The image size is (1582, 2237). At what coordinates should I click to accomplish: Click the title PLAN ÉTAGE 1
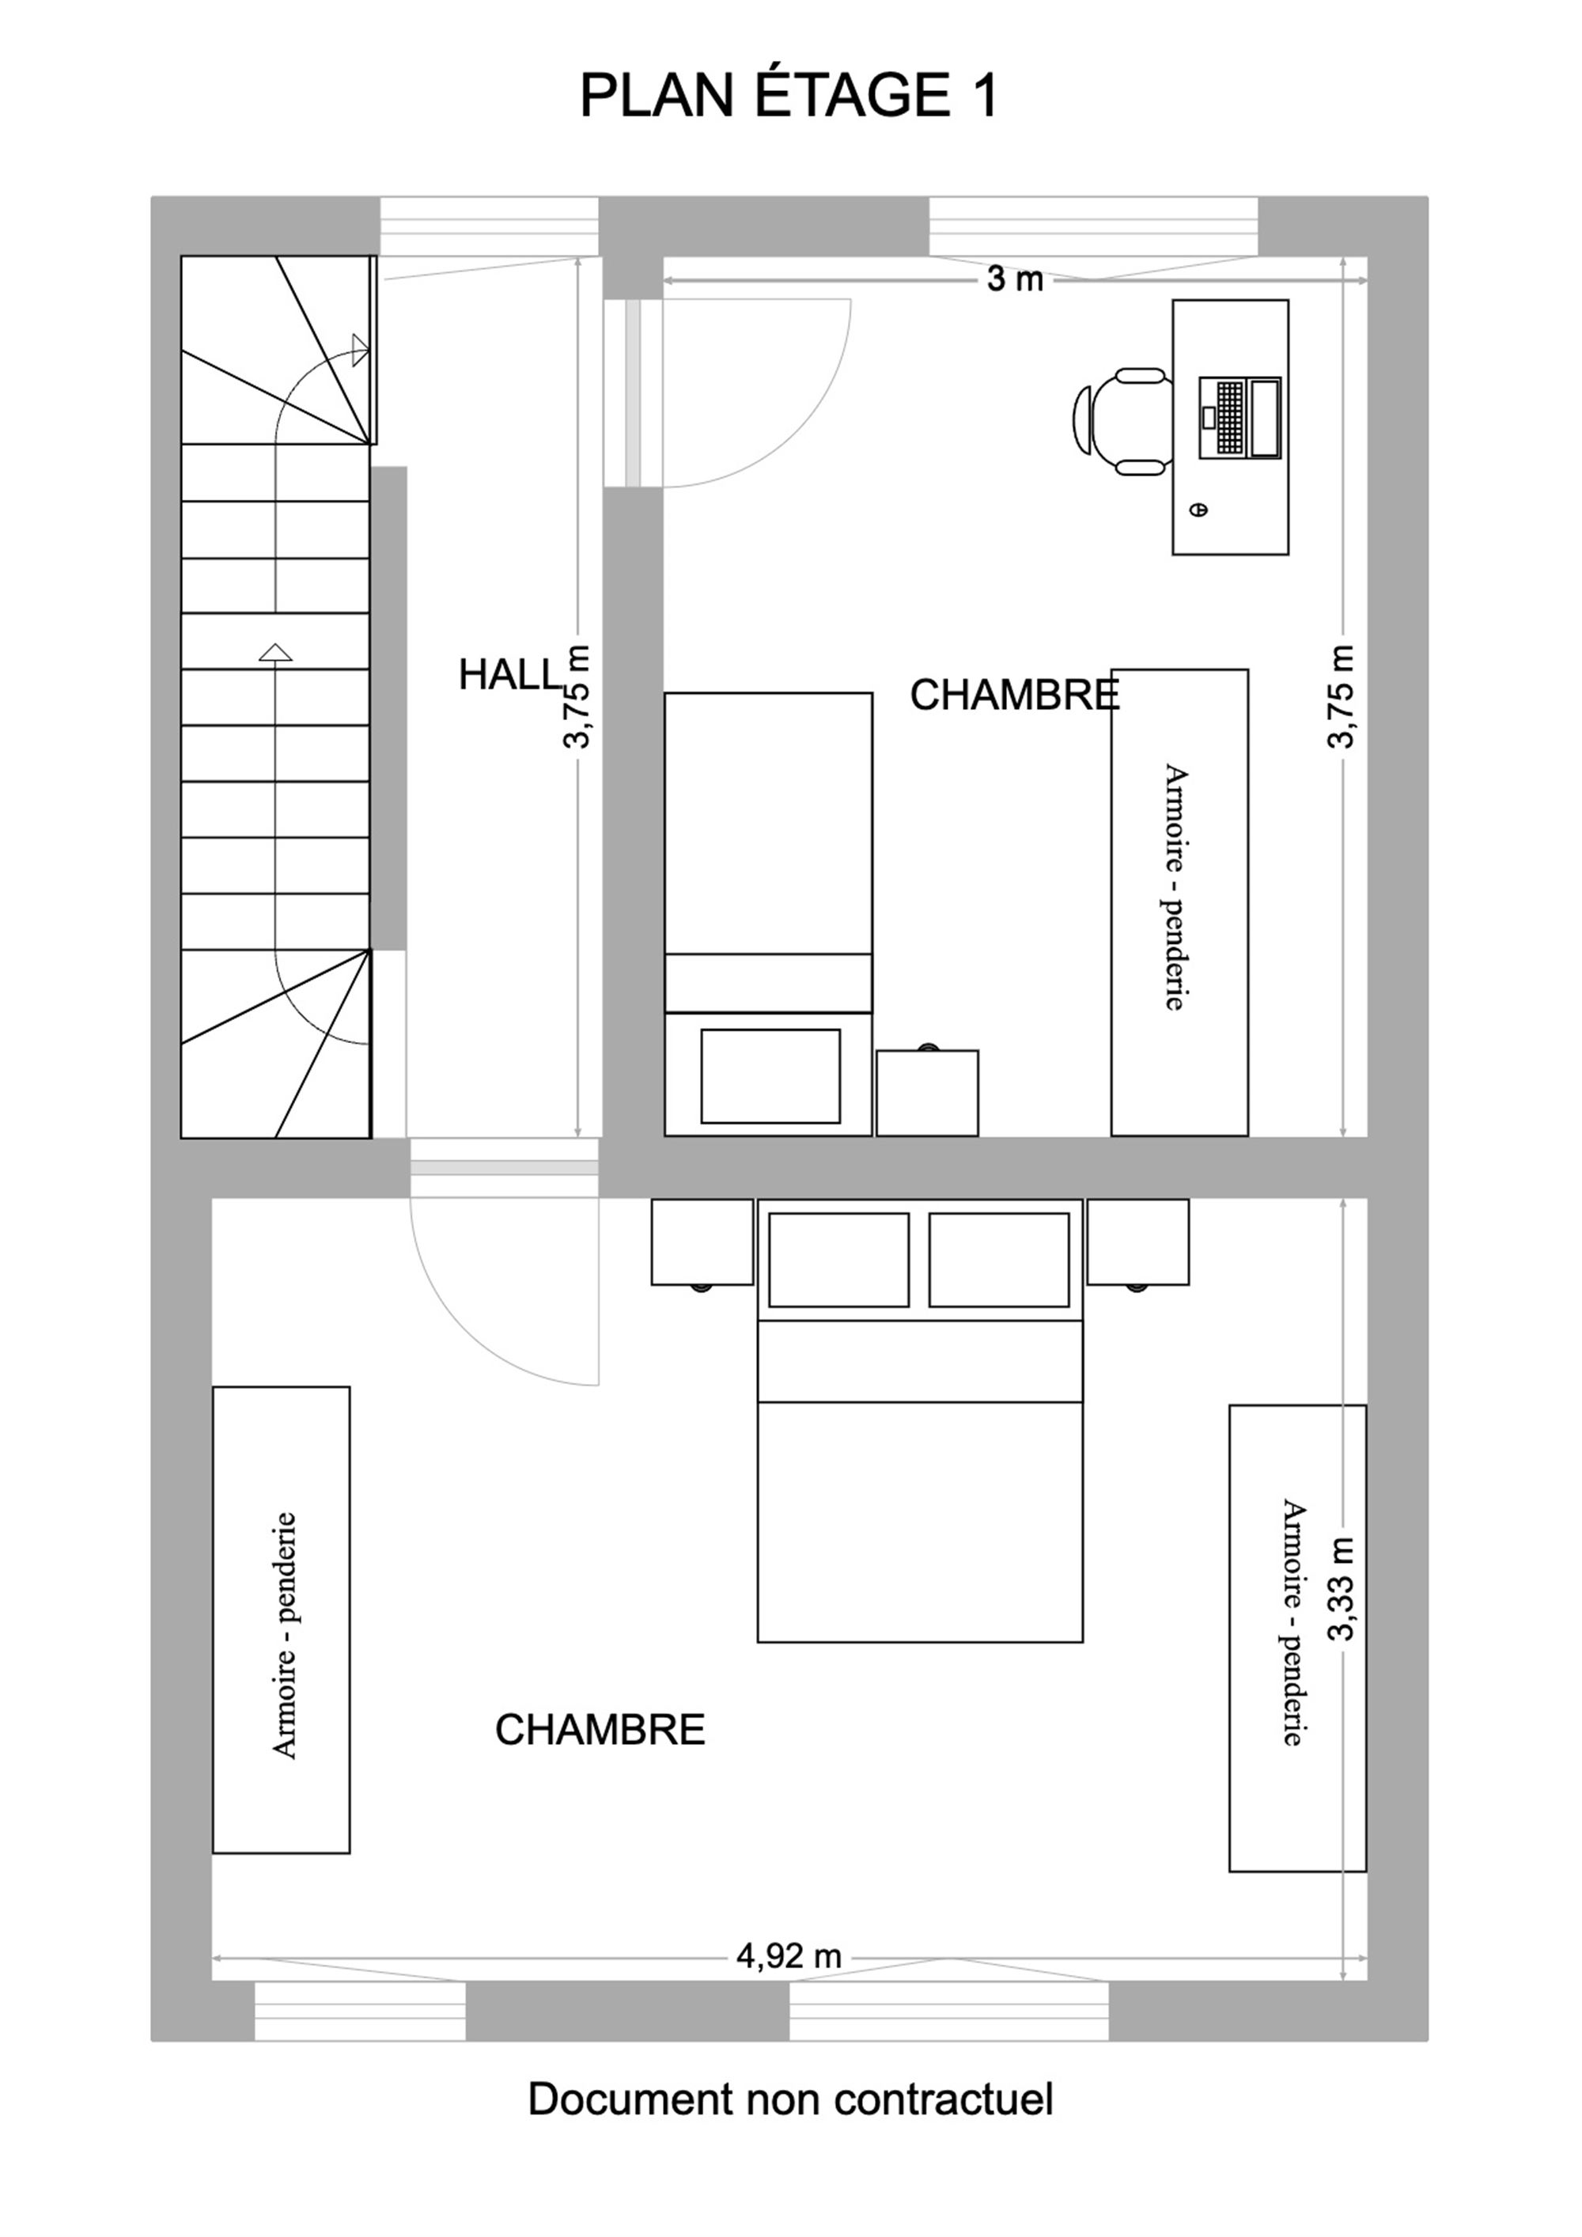pos(789,97)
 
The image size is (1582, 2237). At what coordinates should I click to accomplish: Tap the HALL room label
pos(510,674)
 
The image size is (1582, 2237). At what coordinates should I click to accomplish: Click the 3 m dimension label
pos(1015,279)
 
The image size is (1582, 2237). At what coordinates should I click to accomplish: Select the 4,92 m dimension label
pos(789,1955)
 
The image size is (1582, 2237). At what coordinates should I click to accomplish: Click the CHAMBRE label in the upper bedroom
pos(1015,695)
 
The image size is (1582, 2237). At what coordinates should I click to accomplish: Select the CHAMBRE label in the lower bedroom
pos(600,1730)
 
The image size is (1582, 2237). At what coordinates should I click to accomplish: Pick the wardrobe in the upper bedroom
pos(1179,902)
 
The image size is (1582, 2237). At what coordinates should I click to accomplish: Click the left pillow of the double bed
pos(838,1259)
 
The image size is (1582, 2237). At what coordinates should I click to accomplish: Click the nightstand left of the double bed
pos(702,1243)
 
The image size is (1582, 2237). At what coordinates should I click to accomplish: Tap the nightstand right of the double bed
pos(1137,1243)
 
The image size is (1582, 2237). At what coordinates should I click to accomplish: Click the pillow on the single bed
pos(770,1075)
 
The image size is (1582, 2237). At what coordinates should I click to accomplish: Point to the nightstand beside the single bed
pos(927,1091)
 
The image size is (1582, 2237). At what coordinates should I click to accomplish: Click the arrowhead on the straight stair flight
pos(276,652)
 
